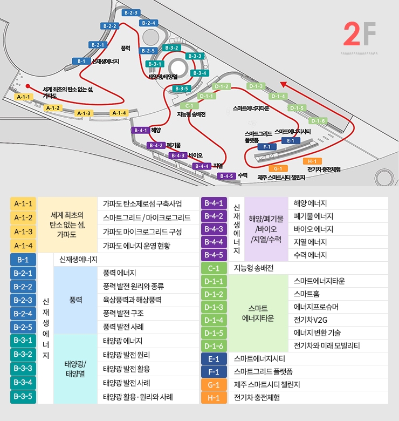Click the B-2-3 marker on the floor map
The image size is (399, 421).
(131, 12)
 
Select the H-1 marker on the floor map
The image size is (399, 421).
(311, 161)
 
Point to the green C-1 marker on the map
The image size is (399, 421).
(189, 106)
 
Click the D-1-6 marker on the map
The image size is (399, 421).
(318, 121)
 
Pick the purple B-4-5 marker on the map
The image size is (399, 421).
(227, 176)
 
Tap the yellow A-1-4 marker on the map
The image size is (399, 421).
(119, 113)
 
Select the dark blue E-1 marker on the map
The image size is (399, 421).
(291, 140)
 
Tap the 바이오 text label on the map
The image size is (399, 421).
(196, 155)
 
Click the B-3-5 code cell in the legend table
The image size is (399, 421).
(23, 396)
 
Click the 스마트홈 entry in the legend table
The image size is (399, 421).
(305, 294)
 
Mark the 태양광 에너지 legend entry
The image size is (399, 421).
(122, 341)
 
